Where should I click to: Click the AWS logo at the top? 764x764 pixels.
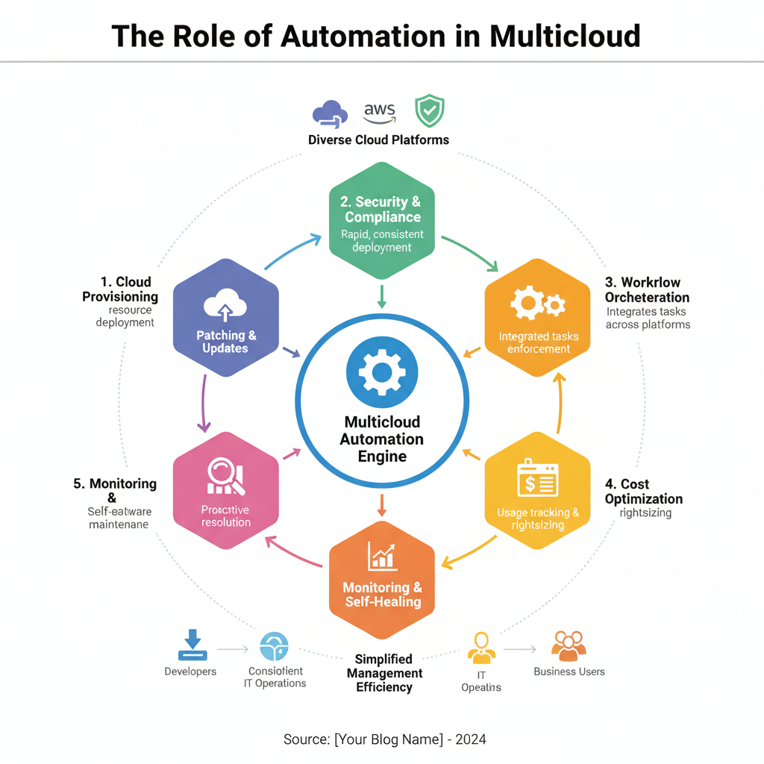pos(379,114)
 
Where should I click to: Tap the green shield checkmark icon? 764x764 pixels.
pos(429,111)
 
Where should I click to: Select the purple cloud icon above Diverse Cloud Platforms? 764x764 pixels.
pos(330,114)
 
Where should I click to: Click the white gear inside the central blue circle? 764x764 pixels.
pos(382,371)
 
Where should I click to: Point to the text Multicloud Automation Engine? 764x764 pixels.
pos(382,439)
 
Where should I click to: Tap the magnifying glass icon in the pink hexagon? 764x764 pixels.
pos(226,476)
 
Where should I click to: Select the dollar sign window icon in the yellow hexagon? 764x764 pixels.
pos(538,479)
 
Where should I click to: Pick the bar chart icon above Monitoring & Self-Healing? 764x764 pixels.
pos(382,555)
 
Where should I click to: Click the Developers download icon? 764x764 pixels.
pos(192,644)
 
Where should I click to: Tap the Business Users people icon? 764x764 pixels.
pos(569,645)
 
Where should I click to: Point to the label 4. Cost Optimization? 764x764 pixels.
pos(644,492)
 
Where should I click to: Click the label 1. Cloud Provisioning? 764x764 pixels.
pos(120,289)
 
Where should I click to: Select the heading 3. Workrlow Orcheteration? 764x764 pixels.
pos(647,290)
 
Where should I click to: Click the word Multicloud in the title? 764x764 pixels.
pos(565,36)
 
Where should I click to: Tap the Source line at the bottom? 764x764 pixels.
pos(384,739)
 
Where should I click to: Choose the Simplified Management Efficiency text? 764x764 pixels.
pos(383,673)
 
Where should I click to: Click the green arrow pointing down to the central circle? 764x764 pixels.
pos(382,296)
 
